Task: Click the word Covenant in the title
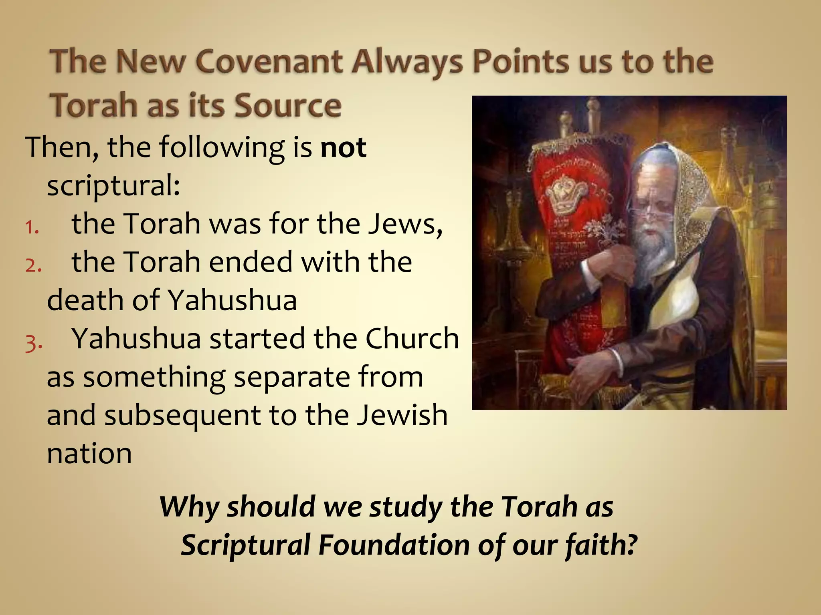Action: tap(269, 62)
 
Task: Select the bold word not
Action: tap(344, 148)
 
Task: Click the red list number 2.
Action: tap(33, 265)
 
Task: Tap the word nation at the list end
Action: tap(89, 454)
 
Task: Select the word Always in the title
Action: tap(408, 62)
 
